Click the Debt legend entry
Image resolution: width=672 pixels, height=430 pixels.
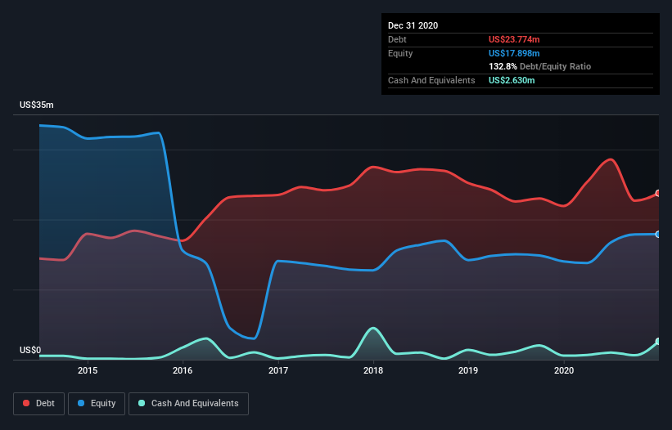coord(38,403)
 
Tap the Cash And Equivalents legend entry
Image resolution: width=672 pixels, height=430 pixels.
coord(188,403)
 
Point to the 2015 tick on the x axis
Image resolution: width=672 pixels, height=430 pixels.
coord(88,371)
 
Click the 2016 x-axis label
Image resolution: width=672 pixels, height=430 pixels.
coord(183,371)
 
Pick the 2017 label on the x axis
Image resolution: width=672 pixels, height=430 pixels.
coord(278,371)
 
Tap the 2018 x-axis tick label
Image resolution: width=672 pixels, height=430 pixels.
coord(373,371)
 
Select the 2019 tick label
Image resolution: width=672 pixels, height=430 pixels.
coord(468,371)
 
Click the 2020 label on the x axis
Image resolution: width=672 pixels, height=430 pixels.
coord(564,371)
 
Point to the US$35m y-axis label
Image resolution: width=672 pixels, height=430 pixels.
coord(37,105)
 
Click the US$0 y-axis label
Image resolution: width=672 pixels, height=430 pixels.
coord(30,351)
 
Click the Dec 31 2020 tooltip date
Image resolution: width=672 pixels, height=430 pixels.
coord(413,25)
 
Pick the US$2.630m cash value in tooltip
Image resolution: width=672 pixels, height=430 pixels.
coord(512,80)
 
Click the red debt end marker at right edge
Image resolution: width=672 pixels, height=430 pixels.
coord(658,194)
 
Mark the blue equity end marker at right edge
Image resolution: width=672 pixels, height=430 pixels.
coord(658,235)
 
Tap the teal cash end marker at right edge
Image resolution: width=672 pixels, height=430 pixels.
coord(658,342)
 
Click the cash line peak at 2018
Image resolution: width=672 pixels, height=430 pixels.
coord(373,328)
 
